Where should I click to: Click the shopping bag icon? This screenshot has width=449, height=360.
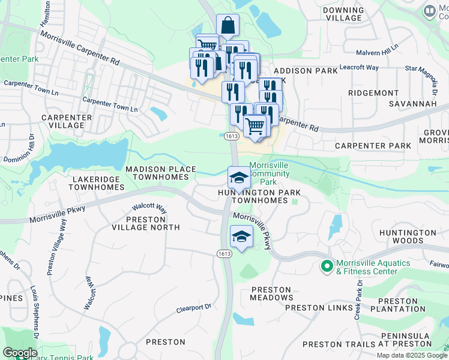[x=228, y=26]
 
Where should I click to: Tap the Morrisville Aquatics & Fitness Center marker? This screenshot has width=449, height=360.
[x=327, y=266]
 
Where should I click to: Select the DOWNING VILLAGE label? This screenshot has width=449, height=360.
[x=343, y=14]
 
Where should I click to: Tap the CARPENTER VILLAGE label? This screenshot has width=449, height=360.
[x=67, y=121]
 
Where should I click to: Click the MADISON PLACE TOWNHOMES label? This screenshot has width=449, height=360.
[x=161, y=173]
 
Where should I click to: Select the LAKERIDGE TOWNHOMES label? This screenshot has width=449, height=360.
[x=97, y=183]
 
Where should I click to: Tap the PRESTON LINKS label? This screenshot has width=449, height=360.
[x=319, y=308]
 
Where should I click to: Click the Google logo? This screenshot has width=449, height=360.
[x=20, y=352]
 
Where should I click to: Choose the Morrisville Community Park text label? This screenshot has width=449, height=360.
[x=268, y=173]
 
